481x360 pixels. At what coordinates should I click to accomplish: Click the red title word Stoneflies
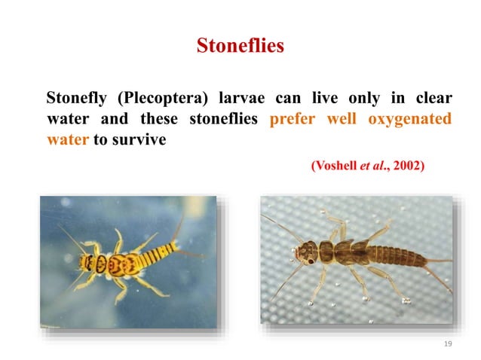tap(240, 46)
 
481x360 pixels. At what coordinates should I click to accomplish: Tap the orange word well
tap(342, 119)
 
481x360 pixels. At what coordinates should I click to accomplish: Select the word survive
tap(140, 140)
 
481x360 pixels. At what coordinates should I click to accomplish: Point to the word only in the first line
tap(365, 99)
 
